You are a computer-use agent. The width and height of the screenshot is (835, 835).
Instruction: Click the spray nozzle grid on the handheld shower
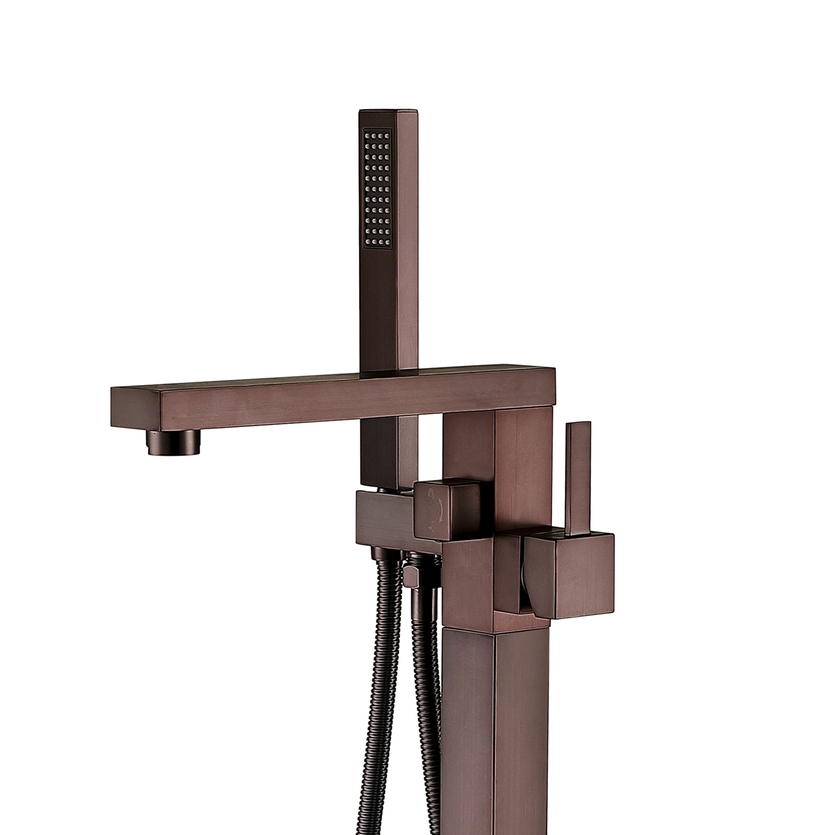[378, 188]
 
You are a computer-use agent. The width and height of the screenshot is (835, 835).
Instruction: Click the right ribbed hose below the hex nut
[426, 692]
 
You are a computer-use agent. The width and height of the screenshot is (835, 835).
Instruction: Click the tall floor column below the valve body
[495, 735]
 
